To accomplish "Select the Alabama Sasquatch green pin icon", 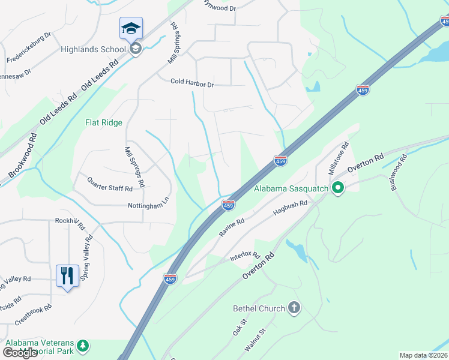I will tap(337, 189).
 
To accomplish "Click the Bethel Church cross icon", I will tap(294, 308).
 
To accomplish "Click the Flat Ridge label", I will tap(104, 123).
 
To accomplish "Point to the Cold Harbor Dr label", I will tap(192, 84).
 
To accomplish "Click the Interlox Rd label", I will tap(244, 257).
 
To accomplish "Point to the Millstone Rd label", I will tap(338, 158).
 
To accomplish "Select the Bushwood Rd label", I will tap(399, 173).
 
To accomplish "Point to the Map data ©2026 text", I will tap(423, 355).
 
